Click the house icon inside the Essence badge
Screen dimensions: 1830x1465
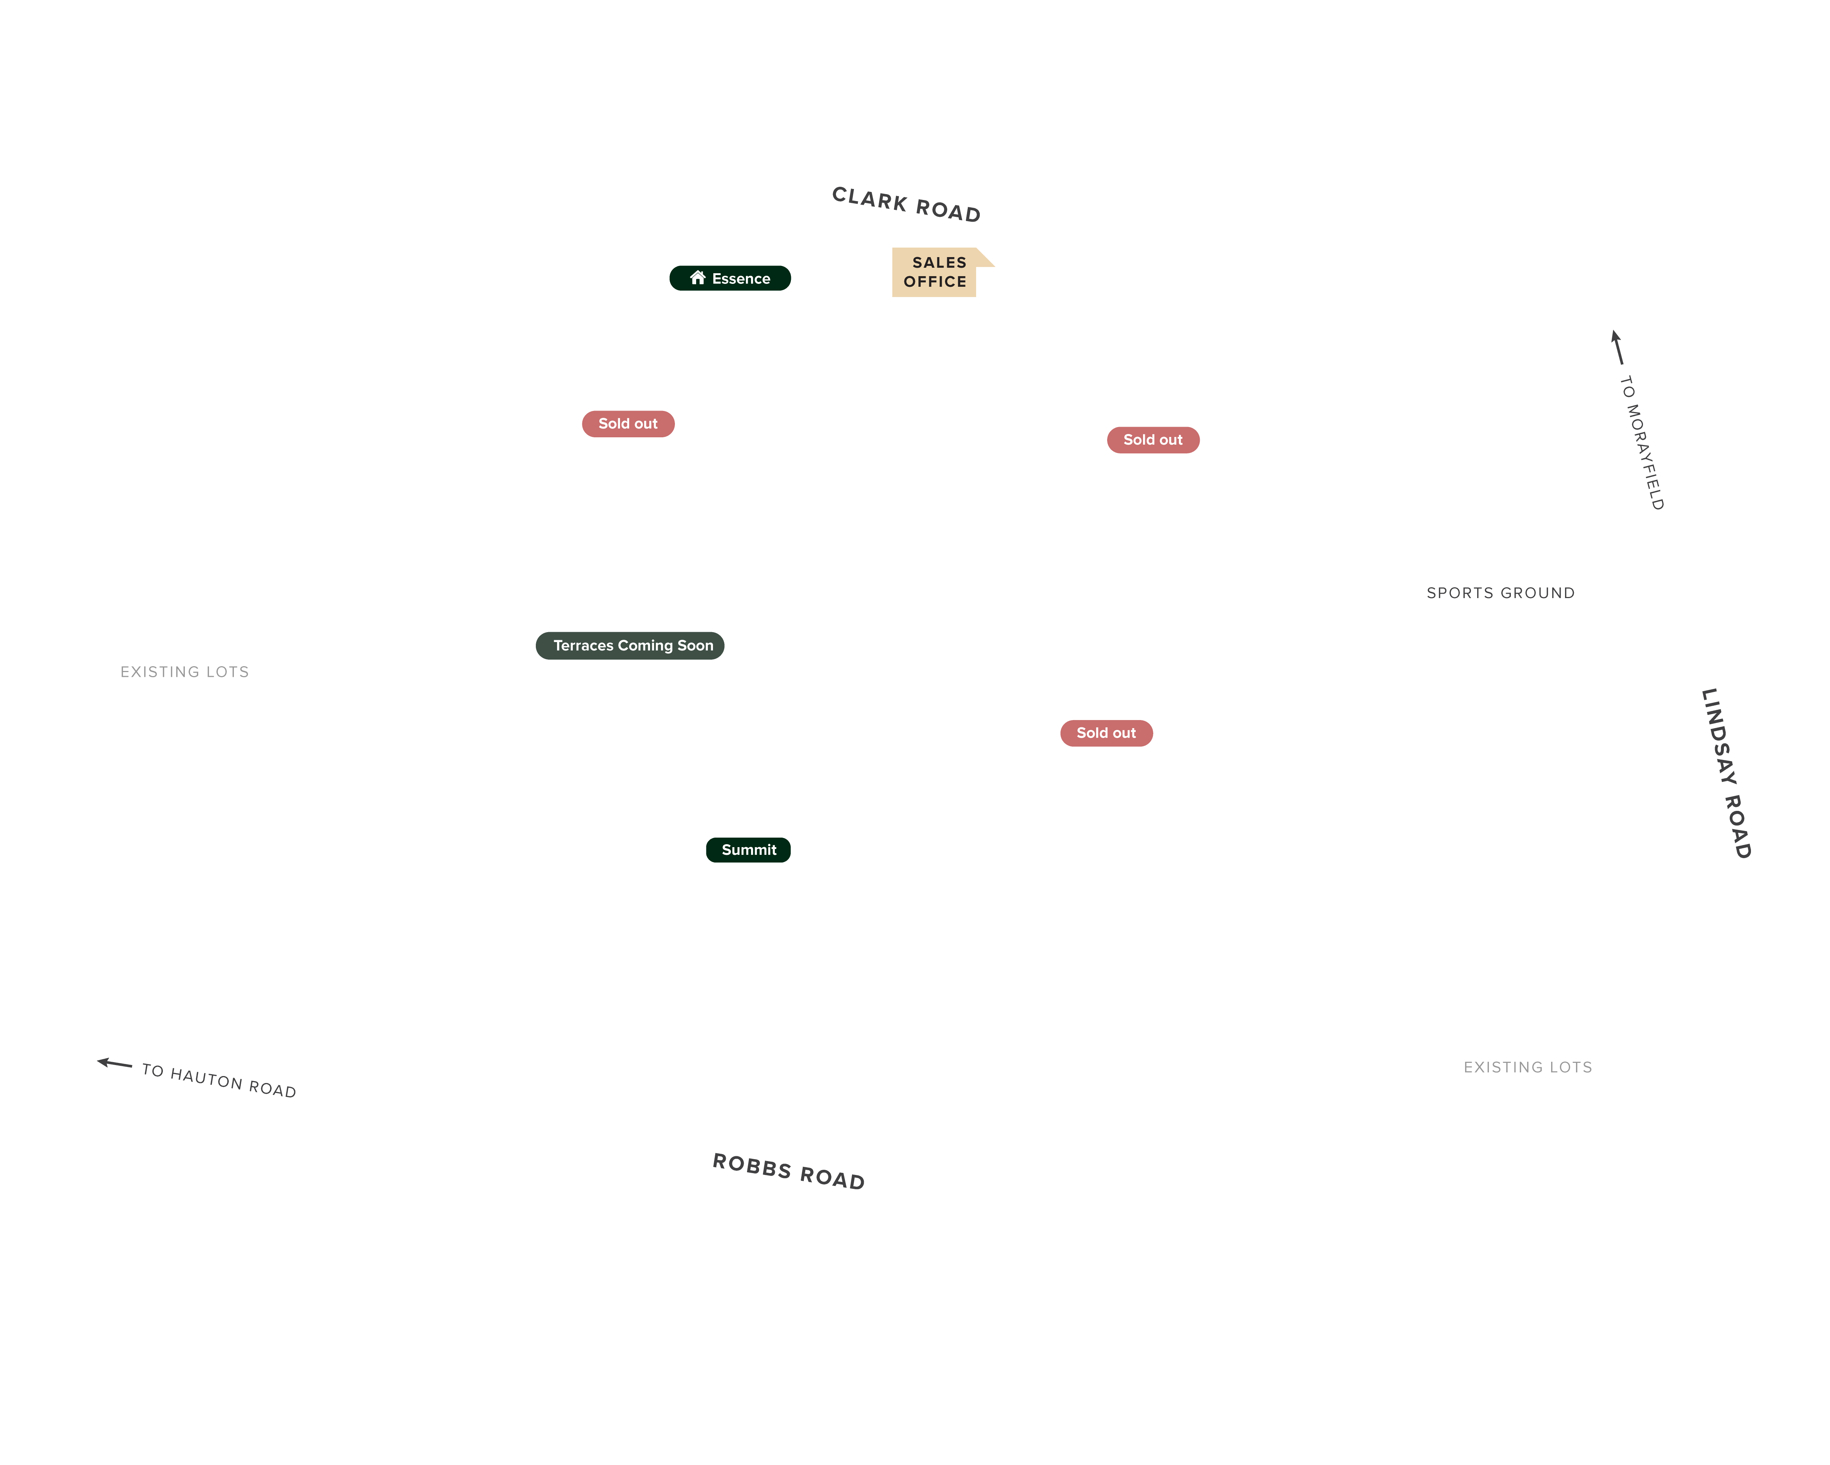(x=698, y=278)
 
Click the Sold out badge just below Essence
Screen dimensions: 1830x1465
(x=628, y=424)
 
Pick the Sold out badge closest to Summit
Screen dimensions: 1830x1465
(x=1106, y=733)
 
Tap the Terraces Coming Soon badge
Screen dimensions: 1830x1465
(x=630, y=645)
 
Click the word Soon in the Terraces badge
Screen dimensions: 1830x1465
(x=695, y=645)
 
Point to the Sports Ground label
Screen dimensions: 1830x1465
(x=1501, y=593)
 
